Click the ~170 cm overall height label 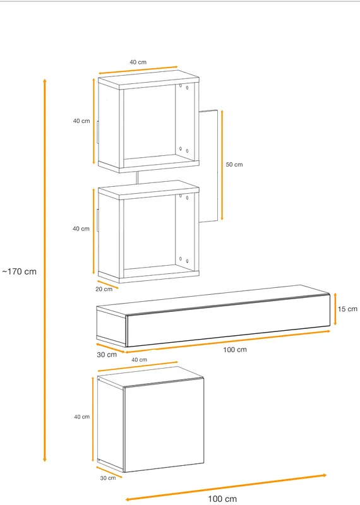point(20,271)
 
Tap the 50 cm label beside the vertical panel point(234,165)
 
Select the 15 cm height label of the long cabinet point(347,309)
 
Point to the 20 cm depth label point(104,289)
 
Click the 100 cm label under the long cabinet point(235,350)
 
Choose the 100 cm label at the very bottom point(222,499)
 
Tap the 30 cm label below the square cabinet point(107,478)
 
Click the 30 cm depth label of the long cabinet point(107,355)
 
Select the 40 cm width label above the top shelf point(138,62)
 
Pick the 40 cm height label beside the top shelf point(81,121)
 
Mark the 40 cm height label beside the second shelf point(81,229)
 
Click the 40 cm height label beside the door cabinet point(82,417)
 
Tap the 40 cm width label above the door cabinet point(139,360)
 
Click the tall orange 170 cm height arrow point(45,270)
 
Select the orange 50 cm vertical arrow point(222,165)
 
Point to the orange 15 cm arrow point(335,309)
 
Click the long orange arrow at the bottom point(226,487)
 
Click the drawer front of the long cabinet point(228,321)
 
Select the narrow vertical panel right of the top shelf point(208,166)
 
